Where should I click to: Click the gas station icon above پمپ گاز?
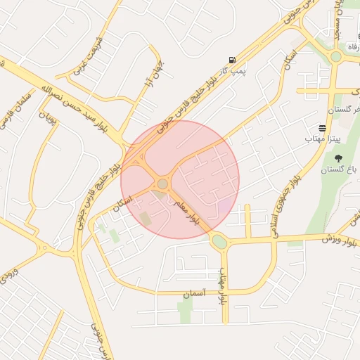point(232,60)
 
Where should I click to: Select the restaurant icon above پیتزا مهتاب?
point(321,129)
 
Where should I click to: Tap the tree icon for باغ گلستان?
point(339,158)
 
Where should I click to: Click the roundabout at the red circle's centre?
point(162,184)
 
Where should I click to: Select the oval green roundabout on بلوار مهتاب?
point(219,242)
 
